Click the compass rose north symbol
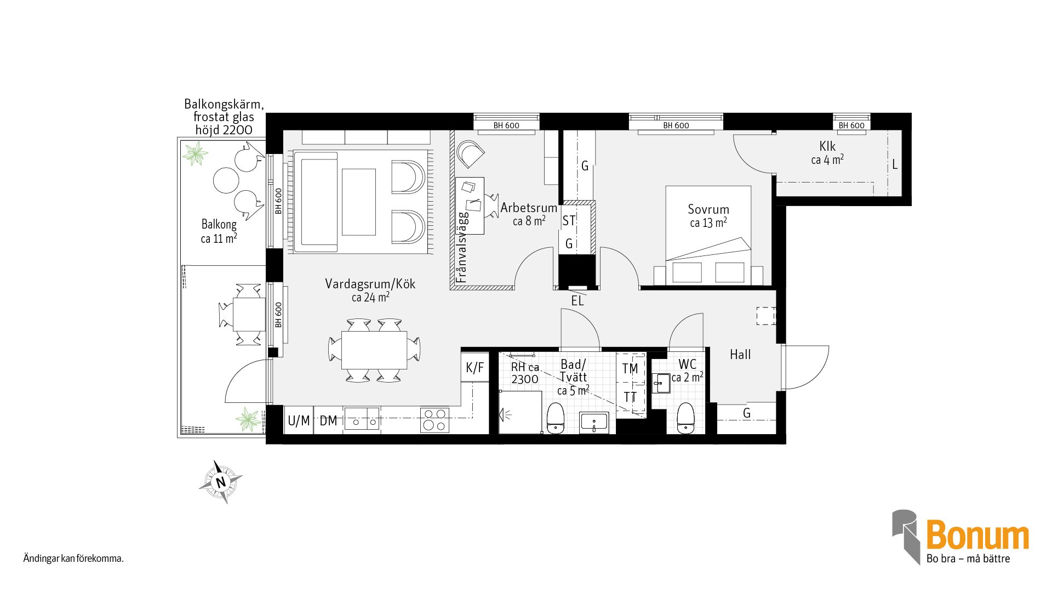(221, 482)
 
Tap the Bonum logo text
(977, 535)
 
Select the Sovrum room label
(708, 209)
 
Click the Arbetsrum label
(529, 208)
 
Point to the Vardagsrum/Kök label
(370, 284)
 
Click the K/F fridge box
(474, 367)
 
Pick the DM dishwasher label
(328, 421)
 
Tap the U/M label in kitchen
(299, 421)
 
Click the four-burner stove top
(434, 420)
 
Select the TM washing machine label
(630, 369)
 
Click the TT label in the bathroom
(630, 397)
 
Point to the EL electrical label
(578, 301)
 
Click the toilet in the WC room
(685, 418)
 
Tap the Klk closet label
(827, 146)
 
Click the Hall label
(740, 355)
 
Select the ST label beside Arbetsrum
(569, 221)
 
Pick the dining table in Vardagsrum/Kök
(374, 350)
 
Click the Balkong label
(219, 224)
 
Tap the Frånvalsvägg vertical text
(461, 247)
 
